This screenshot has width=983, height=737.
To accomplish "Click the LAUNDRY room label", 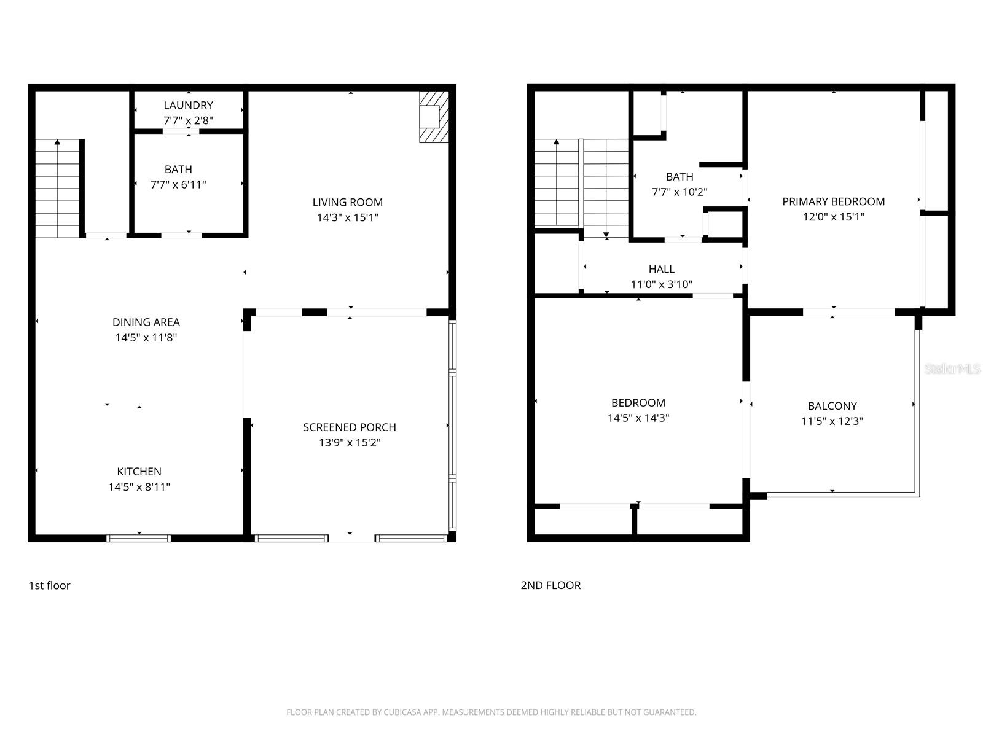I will coord(188,105).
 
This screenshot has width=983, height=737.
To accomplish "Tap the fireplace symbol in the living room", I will coord(433,117).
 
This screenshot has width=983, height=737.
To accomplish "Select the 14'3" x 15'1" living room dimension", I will coord(347,217).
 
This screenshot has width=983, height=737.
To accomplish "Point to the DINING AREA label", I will coord(146,322).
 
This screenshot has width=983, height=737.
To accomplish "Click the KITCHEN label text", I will coord(139,471).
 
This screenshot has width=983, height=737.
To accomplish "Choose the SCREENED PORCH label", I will coord(349,427).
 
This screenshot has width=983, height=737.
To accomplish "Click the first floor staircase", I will coord(58,189).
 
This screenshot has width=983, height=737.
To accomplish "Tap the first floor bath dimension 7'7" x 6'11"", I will coord(178,184).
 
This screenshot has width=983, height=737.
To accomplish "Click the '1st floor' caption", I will coord(50,585).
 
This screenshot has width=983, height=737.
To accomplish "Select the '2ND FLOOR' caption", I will coord(550,585).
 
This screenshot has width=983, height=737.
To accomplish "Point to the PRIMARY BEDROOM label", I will coord(833,201).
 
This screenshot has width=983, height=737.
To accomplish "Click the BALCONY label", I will coord(832,405).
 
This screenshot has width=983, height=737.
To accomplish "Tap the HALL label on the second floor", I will coord(661,269).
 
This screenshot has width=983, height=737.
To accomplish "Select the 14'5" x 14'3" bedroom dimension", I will coord(638,418).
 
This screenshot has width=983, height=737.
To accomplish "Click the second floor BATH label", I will coord(679,176).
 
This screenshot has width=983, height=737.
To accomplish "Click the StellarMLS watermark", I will coord(952,368).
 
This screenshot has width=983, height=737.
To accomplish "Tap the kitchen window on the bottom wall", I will coord(139,539).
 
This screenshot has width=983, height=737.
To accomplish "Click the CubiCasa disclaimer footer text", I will coord(491,712).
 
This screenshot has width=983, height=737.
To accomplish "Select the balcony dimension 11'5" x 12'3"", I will coord(832,421).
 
